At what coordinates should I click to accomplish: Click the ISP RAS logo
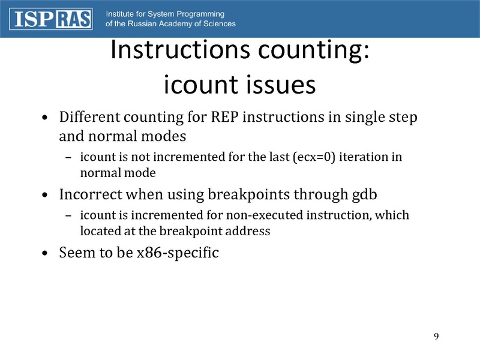point(52,19)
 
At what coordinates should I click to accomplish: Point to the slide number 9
point(436,335)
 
